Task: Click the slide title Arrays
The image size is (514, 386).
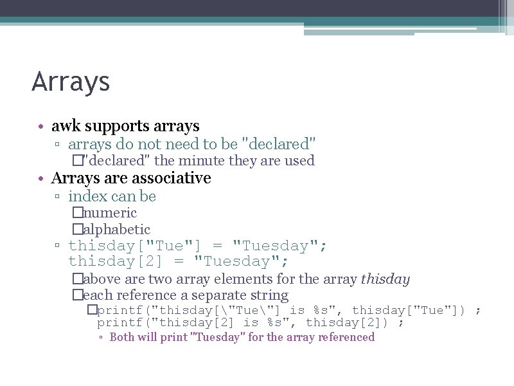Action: tap(71, 82)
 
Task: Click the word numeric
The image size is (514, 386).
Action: tap(110, 213)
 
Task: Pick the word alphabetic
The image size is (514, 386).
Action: tap(116, 230)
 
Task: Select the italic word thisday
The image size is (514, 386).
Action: tap(385, 279)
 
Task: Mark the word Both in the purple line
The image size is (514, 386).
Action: tap(122, 337)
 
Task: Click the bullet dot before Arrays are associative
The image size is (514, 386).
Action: tap(40, 178)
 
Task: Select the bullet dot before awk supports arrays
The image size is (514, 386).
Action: tap(40, 127)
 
